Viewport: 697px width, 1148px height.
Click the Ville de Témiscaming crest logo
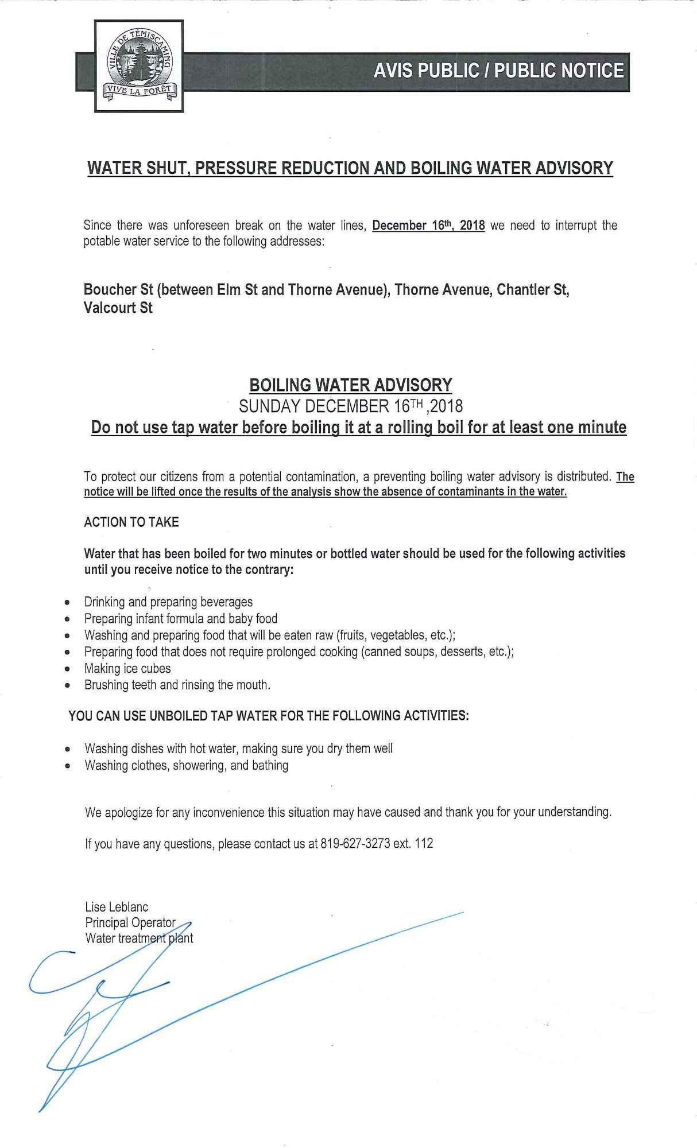139,66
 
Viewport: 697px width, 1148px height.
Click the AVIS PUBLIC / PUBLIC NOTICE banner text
498,71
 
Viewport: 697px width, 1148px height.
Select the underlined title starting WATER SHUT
350,168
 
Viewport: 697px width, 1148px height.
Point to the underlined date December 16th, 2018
428,226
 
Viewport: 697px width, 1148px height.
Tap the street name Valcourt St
118,308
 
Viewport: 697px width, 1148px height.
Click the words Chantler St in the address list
533,290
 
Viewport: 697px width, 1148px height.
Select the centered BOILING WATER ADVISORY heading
351,385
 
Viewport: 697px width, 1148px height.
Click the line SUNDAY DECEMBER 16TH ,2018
351,406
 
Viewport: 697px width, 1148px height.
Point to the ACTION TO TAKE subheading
131,522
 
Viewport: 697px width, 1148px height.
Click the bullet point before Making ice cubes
68,669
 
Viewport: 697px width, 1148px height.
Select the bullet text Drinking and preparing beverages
168,602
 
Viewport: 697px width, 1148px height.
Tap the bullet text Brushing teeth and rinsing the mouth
177,685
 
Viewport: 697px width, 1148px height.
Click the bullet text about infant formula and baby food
180,619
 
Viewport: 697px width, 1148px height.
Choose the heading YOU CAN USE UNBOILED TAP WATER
269,716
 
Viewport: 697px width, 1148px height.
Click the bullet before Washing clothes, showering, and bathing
68,766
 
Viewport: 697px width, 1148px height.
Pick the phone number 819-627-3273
355,844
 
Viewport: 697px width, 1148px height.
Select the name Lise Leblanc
117,907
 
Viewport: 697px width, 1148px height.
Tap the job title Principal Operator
130,922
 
